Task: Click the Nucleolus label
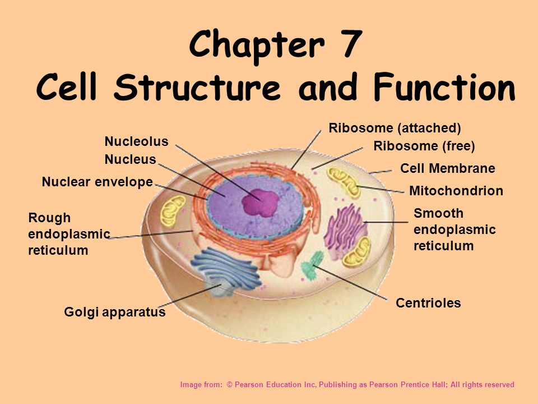[x=136, y=141]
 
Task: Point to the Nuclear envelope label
[x=98, y=182]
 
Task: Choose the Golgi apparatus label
[x=114, y=312]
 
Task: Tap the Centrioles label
[x=428, y=303]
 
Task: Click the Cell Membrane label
[x=447, y=168]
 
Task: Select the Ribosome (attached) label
[x=395, y=128]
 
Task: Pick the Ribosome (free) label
[x=424, y=146]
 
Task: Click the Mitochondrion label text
[x=456, y=191]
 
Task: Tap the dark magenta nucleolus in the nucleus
[x=260, y=203]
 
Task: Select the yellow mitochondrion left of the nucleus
[x=173, y=211]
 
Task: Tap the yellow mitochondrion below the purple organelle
[x=357, y=252]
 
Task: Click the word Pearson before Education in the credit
[x=249, y=385]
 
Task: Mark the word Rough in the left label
[x=49, y=218]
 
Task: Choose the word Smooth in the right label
[x=438, y=213]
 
